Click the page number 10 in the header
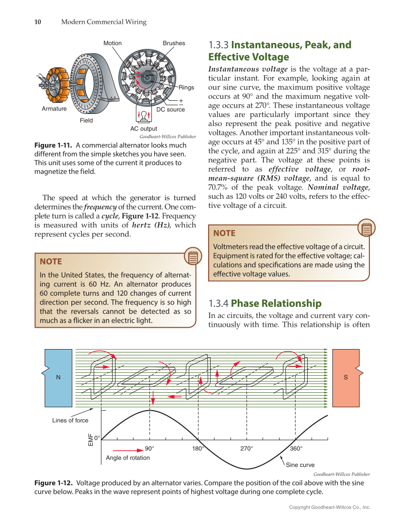click(37, 22)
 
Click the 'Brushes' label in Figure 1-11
click(174, 43)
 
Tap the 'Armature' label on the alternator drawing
click(54, 109)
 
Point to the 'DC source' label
click(170, 110)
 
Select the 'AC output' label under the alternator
click(144, 129)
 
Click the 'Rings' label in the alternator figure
click(186, 88)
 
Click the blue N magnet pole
click(58, 378)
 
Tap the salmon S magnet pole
click(346, 378)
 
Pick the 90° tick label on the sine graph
click(149, 448)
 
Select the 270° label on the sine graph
click(247, 448)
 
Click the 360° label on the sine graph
click(296, 448)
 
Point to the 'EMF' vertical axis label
click(90, 439)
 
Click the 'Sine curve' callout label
click(300, 465)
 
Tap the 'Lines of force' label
click(70, 420)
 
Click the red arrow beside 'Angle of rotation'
click(128, 449)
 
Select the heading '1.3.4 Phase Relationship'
click(264, 303)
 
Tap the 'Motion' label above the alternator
click(113, 43)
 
